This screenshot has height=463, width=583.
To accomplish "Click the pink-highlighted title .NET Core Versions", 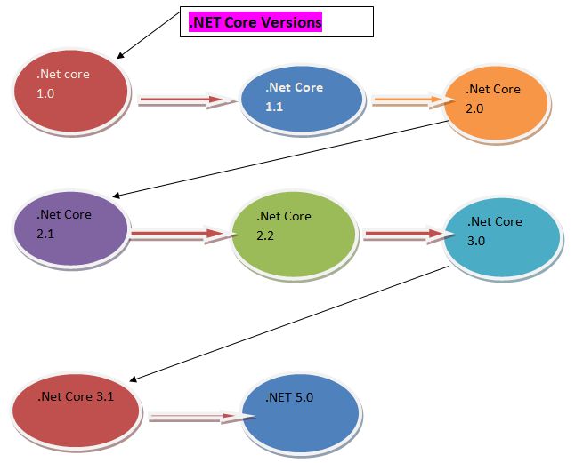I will pos(255,22).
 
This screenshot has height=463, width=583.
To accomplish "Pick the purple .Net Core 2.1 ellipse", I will pos(71,229).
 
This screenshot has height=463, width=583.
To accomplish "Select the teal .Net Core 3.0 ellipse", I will pos(502,236).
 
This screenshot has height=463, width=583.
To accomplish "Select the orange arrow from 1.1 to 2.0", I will pos(406,101).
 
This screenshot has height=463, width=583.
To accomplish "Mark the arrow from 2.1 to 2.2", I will pos(179,235).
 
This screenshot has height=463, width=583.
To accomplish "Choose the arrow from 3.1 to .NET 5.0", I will pos(195,415).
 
